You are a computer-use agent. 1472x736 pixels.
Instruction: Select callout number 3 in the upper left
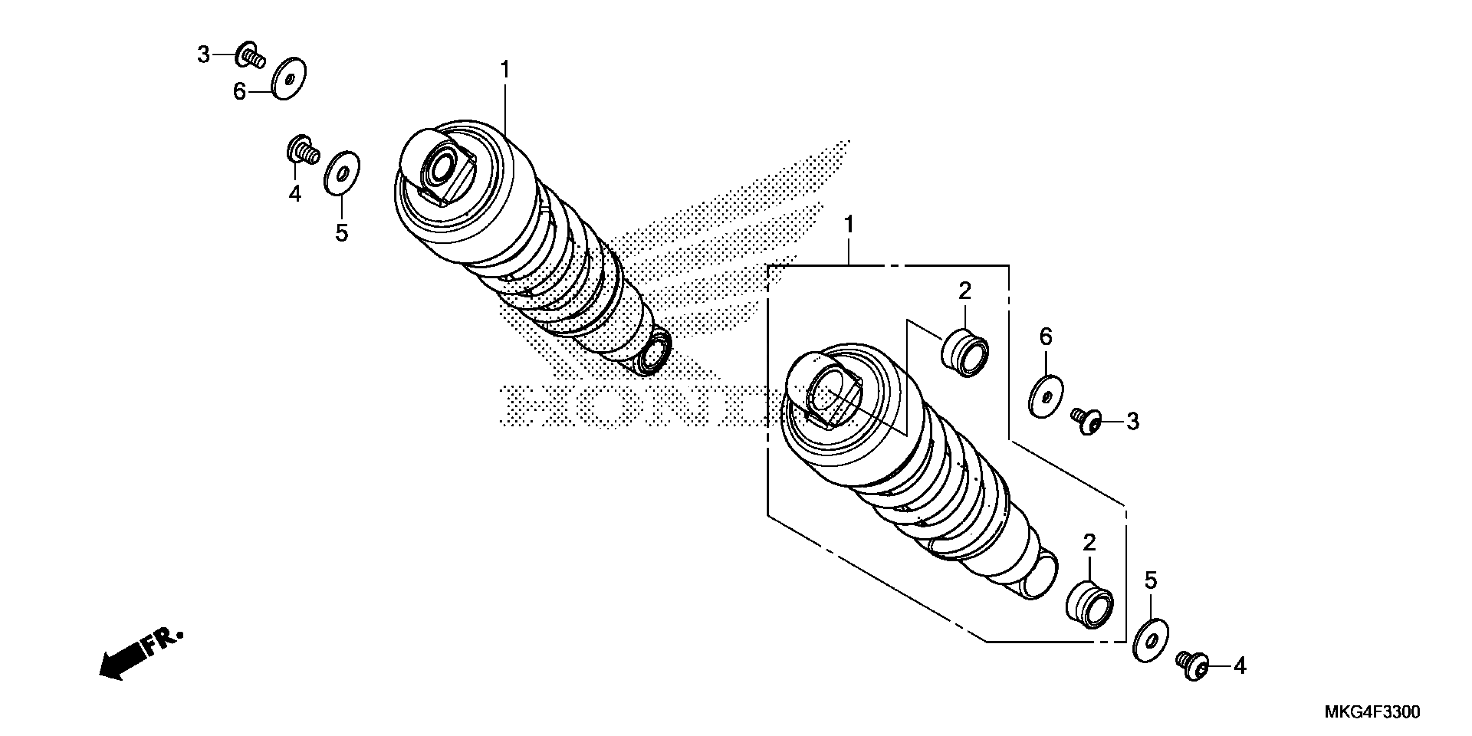[x=203, y=55]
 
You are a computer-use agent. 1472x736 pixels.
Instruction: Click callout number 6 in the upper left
[x=239, y=91]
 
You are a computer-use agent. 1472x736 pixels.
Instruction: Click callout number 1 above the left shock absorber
[x=504, y=70]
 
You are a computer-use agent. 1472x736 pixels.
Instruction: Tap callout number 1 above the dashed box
[x=849, y=225]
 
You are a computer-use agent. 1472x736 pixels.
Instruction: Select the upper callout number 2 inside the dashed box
[x=965, y=292]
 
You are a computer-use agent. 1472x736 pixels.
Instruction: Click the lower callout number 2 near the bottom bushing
[x=1089, y=542]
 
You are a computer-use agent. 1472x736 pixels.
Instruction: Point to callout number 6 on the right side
[x=1045, y=337]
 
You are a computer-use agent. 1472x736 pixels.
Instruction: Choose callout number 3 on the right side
[x=1132, y=422]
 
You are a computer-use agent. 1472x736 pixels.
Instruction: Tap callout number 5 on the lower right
[x=1150, y=581]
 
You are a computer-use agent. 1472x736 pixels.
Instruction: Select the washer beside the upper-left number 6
[x=289, y=78]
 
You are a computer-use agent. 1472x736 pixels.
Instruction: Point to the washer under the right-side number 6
[x=1045, y=396]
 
